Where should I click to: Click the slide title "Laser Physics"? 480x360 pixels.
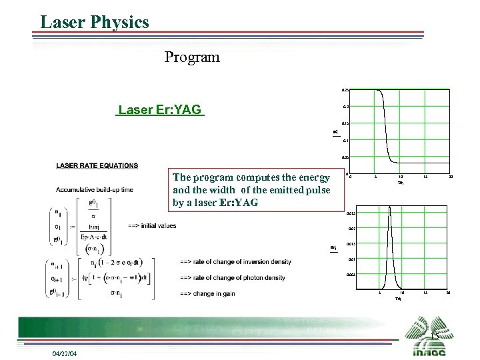pyautogui.click(x=95, y=22)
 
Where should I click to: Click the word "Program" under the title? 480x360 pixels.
pyautogui.click(x=192, y=57)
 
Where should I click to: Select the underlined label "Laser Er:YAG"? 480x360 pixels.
pyautogui.click(x=159, y=110)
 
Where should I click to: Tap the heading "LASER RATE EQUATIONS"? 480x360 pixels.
pyautogui.click(x=97, y=165)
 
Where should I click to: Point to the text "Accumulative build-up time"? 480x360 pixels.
pyautogui.click(x=95, y=190)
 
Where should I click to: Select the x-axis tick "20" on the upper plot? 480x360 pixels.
pyautogui.click(x=451, y=177)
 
